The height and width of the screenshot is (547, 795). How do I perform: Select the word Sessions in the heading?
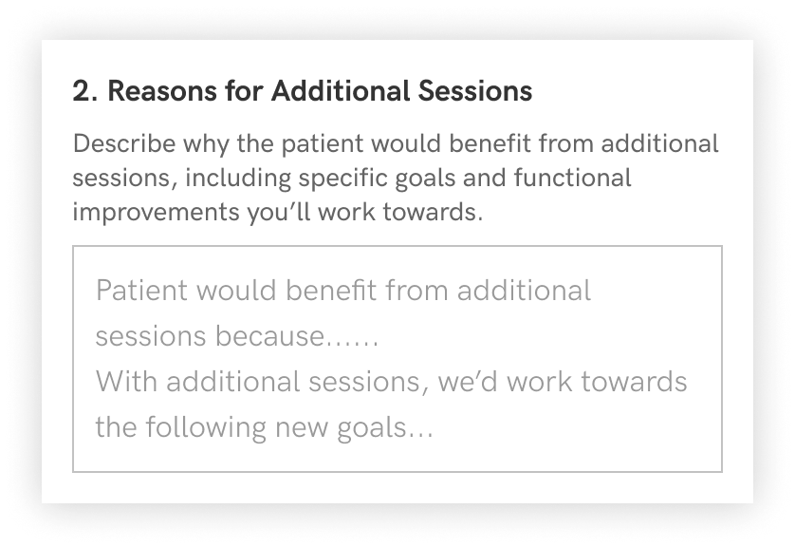475,91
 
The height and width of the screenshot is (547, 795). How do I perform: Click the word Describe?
124,143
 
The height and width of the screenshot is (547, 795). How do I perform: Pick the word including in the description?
238,179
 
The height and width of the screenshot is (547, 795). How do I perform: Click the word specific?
342,179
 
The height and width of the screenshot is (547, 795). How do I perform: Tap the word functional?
572,178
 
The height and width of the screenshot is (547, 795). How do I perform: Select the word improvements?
157,212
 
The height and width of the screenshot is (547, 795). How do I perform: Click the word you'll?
279,212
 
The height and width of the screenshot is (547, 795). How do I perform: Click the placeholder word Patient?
142,291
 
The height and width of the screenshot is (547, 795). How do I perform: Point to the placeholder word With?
127,382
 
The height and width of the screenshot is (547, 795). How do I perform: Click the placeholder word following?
207,427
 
